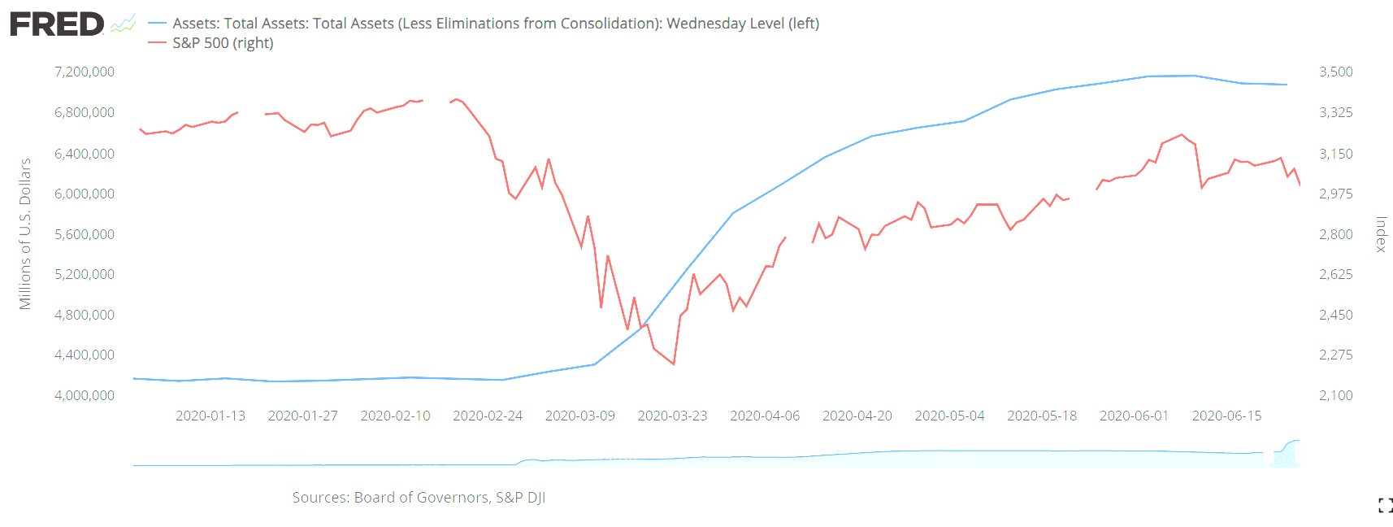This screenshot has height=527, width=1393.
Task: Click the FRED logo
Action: (57, 24)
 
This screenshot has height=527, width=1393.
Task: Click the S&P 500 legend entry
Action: (222, 43)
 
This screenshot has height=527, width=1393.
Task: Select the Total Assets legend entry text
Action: (495, 24)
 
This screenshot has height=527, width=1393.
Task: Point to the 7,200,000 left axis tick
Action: (85, 72)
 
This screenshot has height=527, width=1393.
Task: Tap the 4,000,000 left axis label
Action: (85, 395)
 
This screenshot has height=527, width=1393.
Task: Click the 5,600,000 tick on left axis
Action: (85, 234)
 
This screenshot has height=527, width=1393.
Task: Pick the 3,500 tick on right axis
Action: (1335, 72)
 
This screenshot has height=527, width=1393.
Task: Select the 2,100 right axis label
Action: (1335, 395)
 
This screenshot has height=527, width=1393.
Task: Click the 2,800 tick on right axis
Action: (1335, 234)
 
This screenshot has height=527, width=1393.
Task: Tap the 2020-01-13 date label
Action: (210, 416)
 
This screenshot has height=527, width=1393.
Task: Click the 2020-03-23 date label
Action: (672, 416)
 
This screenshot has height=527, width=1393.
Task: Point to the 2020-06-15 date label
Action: (1226, 416)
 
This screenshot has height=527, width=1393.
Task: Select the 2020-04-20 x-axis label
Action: (857, 416)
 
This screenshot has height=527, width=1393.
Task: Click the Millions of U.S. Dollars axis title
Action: (25, 234)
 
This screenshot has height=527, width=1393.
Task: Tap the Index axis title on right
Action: (1380, 234)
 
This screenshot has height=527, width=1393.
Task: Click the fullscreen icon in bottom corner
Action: (1385, 505)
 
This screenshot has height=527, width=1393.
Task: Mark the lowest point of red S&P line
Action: (674, 364)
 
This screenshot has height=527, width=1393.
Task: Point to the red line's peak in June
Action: (1182, 134)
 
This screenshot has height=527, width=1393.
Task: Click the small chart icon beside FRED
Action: (123, 24)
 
